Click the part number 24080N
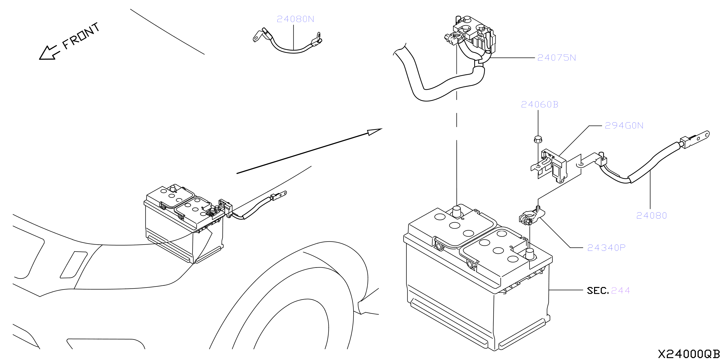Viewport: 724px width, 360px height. pos(295,19)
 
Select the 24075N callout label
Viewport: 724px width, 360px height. pos(556,58)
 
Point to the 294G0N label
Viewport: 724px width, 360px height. pos(624,125)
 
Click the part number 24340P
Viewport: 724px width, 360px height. pos(606,248)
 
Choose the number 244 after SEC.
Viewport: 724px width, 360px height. pos(620,291)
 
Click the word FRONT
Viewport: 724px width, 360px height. pos(81,36)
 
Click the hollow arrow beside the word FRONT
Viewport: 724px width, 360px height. pos(49,53)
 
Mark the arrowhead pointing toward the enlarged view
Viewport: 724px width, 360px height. pos(375,132)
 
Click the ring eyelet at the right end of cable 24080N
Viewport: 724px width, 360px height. pos(318,35)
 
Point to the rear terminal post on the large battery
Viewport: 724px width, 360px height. pos(456,212)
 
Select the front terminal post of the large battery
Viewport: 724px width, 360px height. pos(530,254)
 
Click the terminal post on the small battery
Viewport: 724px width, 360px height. pos(173,188)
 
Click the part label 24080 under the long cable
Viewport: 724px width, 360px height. pos(652,216)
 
